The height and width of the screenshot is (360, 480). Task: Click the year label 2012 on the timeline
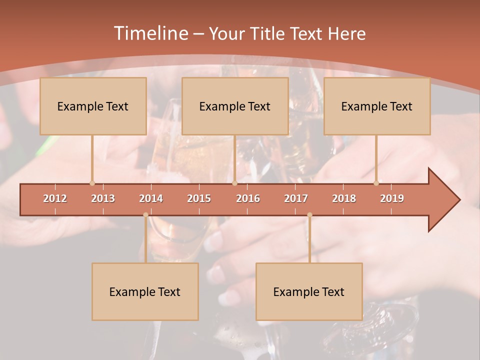(55, 198)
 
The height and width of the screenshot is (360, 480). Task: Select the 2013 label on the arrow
(103, 198)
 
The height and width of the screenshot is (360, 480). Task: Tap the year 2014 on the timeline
(151, 198)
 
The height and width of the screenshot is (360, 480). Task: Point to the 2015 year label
(199, 198)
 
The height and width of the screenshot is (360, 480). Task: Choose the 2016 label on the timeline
(248, 198)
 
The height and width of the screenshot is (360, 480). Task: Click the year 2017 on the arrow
(296, 198)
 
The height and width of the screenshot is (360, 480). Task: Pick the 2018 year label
(344, 198)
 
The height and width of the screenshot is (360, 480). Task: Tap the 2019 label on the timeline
(392, 198)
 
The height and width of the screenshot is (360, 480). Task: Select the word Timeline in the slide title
(150, 33)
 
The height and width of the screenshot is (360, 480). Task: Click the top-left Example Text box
(93, 106)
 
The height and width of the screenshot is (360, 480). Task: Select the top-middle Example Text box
(235, 106)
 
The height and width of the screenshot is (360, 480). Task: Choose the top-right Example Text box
(377, 106)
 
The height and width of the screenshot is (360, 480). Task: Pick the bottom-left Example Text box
(145, 292)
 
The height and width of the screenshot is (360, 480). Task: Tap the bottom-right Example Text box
(309, 292)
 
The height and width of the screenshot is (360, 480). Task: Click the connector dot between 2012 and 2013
(92, 183)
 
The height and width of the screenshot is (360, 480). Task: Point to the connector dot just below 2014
(145, 215)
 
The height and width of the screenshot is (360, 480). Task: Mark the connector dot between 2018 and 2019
(376, 183)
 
